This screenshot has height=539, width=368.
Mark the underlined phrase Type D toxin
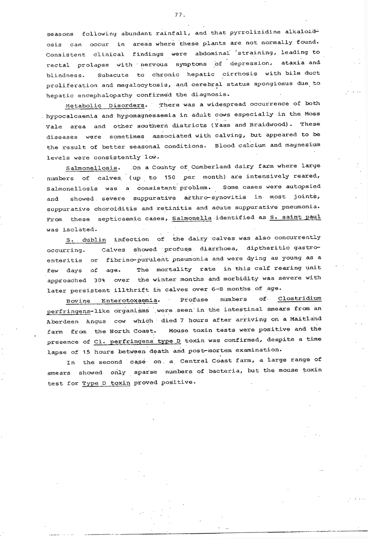[105, 382]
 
